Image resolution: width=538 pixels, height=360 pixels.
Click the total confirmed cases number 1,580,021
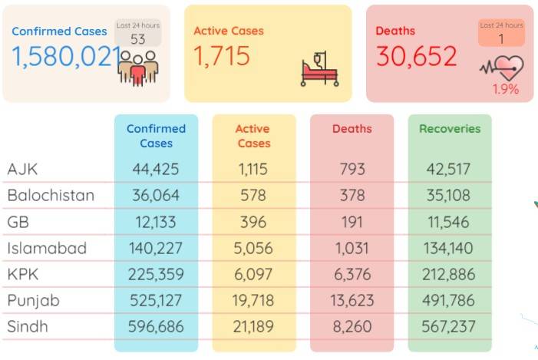67,57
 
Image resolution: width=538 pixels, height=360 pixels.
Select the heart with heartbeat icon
502,68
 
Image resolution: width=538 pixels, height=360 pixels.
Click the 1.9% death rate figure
506,89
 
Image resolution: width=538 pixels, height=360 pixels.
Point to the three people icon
138,68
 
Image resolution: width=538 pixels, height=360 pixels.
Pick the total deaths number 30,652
417,56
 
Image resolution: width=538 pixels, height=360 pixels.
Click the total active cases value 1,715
222,56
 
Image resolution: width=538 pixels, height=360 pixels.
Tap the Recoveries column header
450,129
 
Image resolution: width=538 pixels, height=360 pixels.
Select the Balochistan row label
51,195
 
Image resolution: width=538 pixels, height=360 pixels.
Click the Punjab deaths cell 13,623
352,301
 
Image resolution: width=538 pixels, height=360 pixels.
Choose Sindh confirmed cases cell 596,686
156,326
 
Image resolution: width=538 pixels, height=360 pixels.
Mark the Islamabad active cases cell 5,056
253,248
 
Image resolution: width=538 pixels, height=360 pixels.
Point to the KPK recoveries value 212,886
448,274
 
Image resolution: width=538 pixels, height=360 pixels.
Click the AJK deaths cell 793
352,169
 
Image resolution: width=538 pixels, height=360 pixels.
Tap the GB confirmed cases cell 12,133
156,222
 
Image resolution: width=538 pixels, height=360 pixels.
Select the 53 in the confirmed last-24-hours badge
137,39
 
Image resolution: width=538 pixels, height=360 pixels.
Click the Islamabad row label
47,248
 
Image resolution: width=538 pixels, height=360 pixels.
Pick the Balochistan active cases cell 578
253,195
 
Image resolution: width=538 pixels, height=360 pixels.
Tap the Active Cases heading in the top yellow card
229,31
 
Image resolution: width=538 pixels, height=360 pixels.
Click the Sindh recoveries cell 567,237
448,326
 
